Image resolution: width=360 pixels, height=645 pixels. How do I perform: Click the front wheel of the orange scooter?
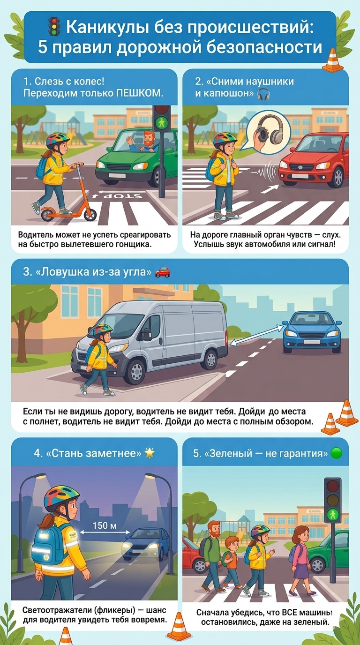90,214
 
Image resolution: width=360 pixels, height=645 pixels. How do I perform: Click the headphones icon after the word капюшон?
263,94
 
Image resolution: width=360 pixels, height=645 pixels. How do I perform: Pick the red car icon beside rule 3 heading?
163,272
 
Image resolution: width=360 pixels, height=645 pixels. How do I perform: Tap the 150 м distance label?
105,526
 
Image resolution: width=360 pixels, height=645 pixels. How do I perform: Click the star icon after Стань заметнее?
149,453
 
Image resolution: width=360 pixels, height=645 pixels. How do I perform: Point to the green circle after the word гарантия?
336,453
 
